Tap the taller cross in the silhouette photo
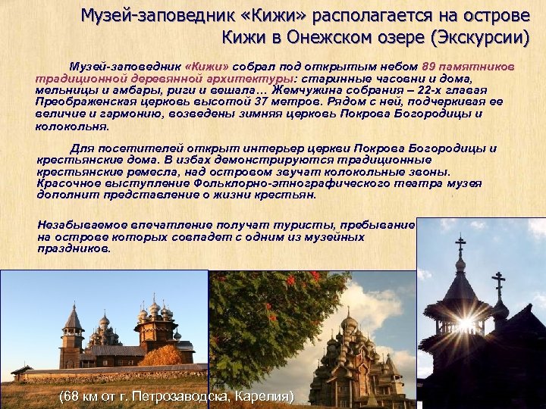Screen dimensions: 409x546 (460, 247)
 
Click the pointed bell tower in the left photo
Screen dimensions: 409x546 (73, 326)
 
